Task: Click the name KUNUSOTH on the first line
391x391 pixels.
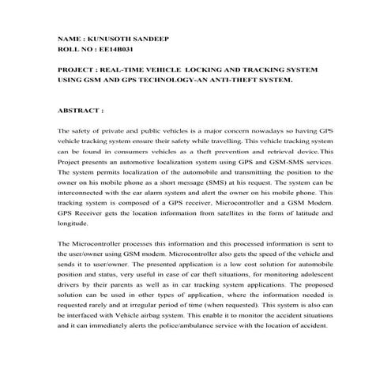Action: pos(109,39)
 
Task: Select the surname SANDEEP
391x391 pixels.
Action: pos(149,39)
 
